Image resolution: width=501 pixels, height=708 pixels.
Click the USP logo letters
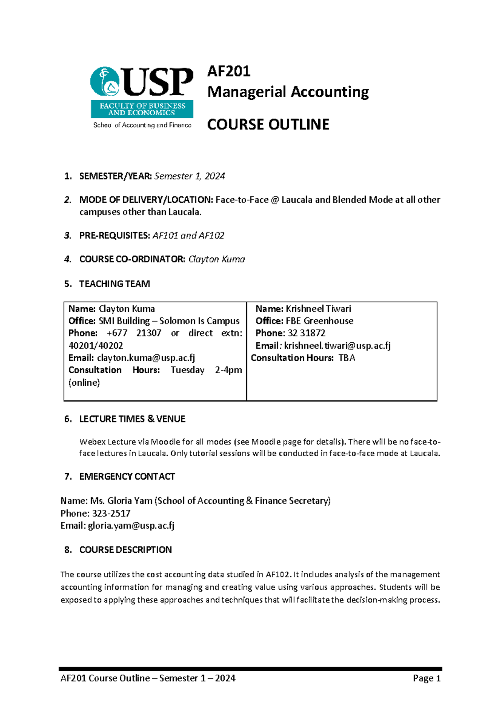pyautogui.click(x=158, y=82)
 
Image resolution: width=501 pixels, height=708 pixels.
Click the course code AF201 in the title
pyautogui.click(x=229, y=71)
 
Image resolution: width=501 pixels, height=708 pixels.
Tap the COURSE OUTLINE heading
pyautogui.click(x=268, y=124)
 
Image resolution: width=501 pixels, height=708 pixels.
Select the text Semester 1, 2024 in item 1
pyautogui.click(x=190, y=176)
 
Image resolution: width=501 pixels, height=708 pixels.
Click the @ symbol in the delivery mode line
pyautogui.click(x=275, y=200)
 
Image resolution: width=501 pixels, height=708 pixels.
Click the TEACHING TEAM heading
pyautogui.click(x=114, y=284)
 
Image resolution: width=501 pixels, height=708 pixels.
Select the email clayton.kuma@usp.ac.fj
pyautogui.click(x=146, y=358)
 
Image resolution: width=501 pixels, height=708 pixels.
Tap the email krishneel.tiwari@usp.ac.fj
pyautogui.click(x=337, y=346)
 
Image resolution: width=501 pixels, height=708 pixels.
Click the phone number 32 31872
pyautogui.click(x=306, y=333)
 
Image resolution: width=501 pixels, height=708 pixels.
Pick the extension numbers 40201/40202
pyautogui.click(x=96, y=346)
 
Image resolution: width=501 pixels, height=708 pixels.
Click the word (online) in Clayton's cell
pyautogui.click(x=84, y=382)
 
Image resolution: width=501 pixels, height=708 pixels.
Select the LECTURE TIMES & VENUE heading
pyautogui.click(x=132, y=419)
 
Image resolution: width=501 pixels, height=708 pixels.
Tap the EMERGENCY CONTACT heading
pyautogui.click(x=127, y=477)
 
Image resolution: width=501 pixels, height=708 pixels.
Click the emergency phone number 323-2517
pyautogui.click(x=111, y=513)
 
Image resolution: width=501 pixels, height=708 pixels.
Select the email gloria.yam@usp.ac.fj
pyautogui.click(x=131, y=526)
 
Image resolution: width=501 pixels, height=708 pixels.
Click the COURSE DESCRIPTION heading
pyautogui.click(x=125, y=550)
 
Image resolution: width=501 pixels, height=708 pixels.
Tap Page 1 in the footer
pyautogui.click(x=427, y=678)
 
